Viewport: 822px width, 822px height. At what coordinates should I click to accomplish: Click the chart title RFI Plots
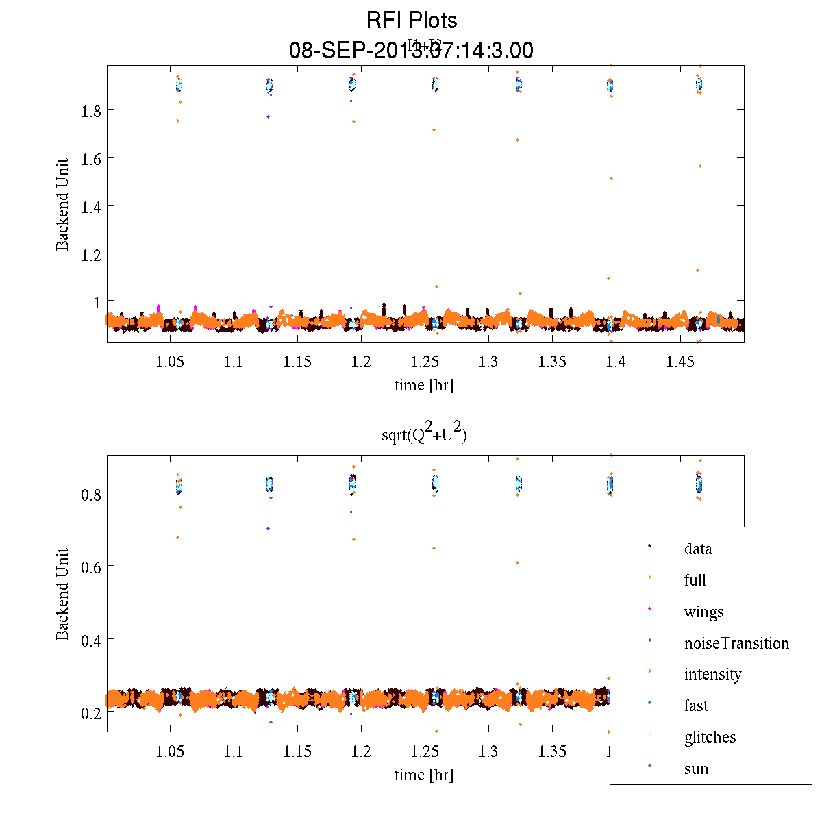point(411,21)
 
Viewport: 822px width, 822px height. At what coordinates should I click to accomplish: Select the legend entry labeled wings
point(703,612)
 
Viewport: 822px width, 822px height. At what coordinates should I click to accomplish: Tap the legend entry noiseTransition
point(736,643)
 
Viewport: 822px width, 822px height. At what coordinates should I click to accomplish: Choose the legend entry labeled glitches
point(710,737)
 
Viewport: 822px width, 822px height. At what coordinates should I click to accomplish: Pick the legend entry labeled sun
point(696,769)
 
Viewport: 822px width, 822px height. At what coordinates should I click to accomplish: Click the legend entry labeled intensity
point(712,674)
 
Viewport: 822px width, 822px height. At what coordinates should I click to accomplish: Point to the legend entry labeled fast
point(696,706)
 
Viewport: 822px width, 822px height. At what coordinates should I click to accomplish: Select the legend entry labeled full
point(695,580)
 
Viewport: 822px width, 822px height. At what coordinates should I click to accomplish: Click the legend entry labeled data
point(697,549)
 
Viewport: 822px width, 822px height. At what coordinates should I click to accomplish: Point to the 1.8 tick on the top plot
point(91,110)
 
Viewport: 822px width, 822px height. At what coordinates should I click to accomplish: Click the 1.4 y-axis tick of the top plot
point(91,206)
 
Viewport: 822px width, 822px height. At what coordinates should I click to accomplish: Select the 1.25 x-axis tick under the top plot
point(425,362)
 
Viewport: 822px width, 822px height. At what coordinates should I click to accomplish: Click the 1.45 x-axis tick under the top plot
point(680,362)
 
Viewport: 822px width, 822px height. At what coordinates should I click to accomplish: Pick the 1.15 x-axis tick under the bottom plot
point(297,751)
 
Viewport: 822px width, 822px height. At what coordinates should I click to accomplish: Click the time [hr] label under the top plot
point(423,385)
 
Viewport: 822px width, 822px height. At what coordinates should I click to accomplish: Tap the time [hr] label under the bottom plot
point(423,775)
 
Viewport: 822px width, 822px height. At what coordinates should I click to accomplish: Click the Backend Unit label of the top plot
point(63,204)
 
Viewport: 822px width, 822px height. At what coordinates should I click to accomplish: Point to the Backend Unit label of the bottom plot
point(63,594)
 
